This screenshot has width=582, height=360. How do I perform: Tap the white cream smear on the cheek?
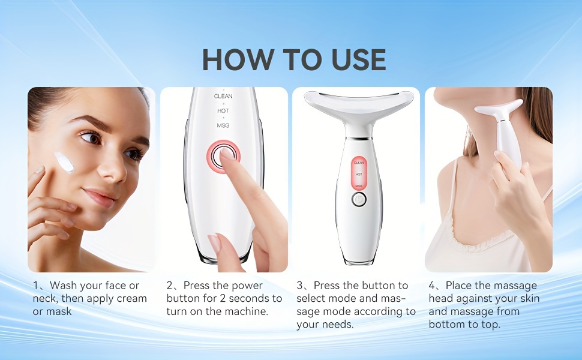coord(65,162)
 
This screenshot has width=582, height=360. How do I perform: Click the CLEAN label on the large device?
coord(223,96)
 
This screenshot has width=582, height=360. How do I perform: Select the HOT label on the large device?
coord(223,110)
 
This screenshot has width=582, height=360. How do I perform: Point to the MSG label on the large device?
coord(223,125)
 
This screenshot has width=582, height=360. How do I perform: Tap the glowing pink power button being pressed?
coord(223,157)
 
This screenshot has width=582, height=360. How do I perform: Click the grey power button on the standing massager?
coord(359,200)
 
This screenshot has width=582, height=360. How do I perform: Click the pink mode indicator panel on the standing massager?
coord(359,173)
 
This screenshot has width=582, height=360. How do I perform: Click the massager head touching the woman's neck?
coord(498,108)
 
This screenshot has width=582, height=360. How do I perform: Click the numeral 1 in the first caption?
coord(35,286)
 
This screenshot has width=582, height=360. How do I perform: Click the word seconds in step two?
coord(251,298)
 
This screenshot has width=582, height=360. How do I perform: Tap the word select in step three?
coord(311,298)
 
